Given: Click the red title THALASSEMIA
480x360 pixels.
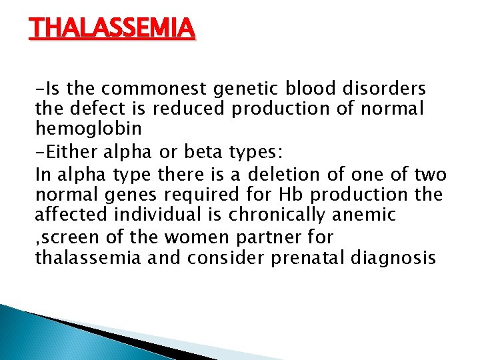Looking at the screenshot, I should [x=112, y=29].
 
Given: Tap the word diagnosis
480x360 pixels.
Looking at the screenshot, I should [x=396, y=257].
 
